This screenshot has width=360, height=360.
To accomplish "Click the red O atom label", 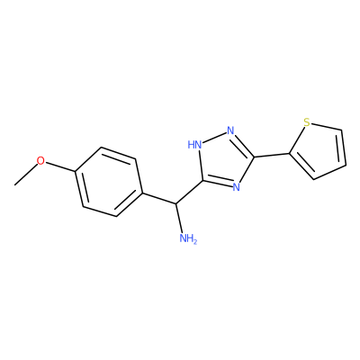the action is (40, 161).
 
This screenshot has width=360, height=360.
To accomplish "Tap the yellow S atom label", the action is (306, 122).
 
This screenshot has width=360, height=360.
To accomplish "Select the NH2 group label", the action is (188, 239).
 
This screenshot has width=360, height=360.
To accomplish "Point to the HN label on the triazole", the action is (194, 145).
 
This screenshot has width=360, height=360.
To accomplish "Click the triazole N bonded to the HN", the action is (230, 130).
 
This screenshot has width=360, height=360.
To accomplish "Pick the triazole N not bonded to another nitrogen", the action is (237, 187).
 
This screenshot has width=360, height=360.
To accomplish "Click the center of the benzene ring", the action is (108, 182).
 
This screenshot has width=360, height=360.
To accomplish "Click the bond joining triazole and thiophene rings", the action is (272, 155).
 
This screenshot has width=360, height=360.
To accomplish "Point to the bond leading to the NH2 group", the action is (179, 219).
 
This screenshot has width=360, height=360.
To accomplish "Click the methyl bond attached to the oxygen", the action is (26, 175).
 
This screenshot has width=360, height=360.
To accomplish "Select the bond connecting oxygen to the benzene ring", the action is (59, 167).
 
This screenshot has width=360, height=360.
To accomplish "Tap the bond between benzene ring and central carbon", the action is (158, 198).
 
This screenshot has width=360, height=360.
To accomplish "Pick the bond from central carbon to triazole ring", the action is (189, 192).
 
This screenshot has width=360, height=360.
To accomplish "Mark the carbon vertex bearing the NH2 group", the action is (175, 203).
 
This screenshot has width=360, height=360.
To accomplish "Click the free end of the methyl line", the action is (14, 185).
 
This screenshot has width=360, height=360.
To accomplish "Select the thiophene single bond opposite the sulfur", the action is (329, 172).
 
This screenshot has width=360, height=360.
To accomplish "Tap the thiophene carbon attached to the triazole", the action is (290, 154).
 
